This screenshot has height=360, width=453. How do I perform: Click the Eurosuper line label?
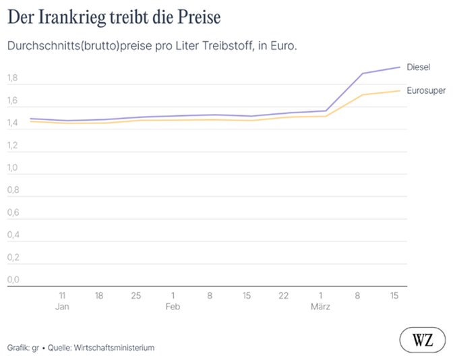click(425, 90)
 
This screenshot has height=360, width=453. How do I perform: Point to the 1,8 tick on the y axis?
click(13, 79)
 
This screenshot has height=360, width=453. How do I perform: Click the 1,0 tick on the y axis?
click(13, 168)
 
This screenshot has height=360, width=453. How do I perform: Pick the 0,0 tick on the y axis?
click(13, 280)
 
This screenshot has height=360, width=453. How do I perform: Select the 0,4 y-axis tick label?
click(13, 235)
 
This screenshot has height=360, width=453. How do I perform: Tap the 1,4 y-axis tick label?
click(13, 123)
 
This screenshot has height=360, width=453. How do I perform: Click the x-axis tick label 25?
click(136, 295)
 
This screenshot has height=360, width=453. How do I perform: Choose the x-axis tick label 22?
click(284, 295)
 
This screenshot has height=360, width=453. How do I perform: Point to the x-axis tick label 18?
click(99, 295)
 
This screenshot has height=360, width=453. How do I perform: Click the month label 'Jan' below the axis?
click(62, 307)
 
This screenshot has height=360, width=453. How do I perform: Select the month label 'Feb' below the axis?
click(173, 307)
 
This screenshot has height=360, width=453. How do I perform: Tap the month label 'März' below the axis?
click(320, 307)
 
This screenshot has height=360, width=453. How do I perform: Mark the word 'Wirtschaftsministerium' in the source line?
click(115, 348)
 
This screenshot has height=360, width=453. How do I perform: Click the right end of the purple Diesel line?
click(400, 67)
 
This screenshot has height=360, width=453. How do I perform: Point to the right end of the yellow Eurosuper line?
click(400, 91)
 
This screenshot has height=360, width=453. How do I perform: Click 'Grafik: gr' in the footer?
click(23, 348)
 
